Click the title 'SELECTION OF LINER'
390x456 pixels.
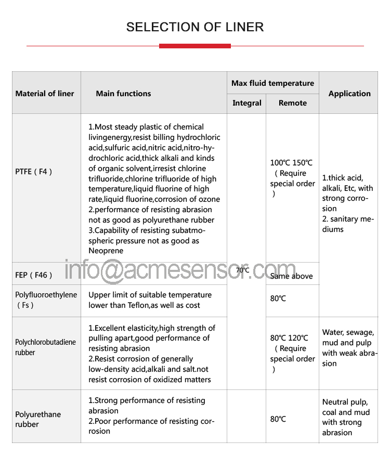195,27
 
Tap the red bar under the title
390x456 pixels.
194,46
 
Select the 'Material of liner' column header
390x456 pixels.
45,94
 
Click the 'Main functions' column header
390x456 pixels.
123,94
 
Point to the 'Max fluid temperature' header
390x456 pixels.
272,83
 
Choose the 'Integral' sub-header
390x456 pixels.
246,103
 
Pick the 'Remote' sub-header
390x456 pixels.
292,103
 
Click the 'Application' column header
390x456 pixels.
349,94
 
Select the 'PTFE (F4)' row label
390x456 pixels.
34,172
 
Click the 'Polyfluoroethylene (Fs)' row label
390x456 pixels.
46,300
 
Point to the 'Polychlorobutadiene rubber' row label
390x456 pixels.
45,347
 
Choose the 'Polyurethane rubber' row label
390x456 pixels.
38,419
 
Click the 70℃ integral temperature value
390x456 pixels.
242,270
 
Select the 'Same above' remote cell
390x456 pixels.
291,276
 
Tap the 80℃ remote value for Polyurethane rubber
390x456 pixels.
278,419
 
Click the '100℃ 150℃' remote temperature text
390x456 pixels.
291,163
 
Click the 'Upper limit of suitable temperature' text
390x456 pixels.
150,295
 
